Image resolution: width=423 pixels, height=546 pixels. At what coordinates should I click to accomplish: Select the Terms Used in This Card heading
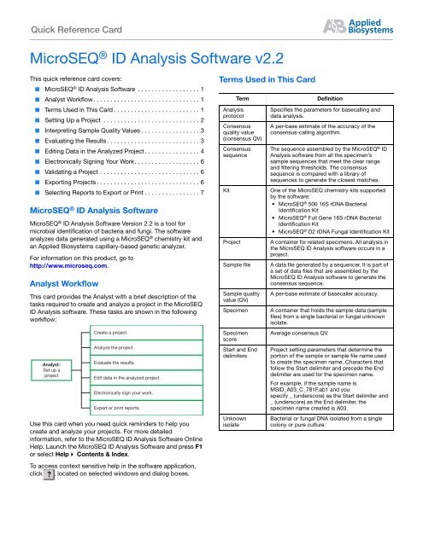coord(276,78)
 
